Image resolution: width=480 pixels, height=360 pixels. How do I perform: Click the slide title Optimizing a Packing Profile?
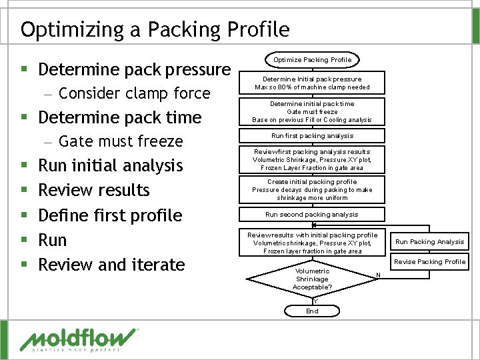click(x=155, y=29)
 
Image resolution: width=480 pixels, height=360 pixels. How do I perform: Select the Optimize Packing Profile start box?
click(x=312, y=60)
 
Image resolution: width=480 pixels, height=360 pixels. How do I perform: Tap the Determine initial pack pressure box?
click(x=312, y=83)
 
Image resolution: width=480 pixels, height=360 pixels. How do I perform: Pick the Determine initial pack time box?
click(x=312, y=112)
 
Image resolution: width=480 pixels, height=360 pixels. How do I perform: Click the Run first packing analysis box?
click(x=312, y=136)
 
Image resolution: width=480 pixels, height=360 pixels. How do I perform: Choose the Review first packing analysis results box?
click(x=312, y=160)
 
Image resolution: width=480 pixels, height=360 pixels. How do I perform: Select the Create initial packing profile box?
click(x=312, y=190)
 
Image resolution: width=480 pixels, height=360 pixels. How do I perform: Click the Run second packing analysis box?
click(x=312, y=215)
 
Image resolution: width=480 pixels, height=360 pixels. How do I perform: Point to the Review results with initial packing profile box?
click(x=312, y=243)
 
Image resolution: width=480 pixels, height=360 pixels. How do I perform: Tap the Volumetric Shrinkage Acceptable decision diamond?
click(x=312, y=279)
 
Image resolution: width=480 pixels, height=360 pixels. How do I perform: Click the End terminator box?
click(x=312, y=311)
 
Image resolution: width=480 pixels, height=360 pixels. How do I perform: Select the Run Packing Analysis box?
click(x=429, y=241)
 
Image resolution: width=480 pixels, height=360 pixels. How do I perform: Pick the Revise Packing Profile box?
click(x=429, y=262)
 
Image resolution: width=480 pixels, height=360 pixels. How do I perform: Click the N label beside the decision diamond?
click(x=378, y=275)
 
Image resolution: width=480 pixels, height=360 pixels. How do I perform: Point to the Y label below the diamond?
click(x=315, y=300)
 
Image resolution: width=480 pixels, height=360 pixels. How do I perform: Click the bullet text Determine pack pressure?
click(x=134, y=69)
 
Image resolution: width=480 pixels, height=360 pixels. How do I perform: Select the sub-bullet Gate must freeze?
click(x=121, y=141)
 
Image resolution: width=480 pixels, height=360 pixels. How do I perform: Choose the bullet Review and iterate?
click(x=111, y=265)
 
